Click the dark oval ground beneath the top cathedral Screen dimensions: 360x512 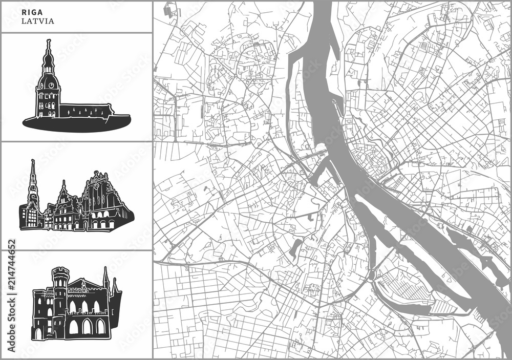tap(77, 122)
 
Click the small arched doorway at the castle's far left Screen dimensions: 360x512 tap(38, 333)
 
